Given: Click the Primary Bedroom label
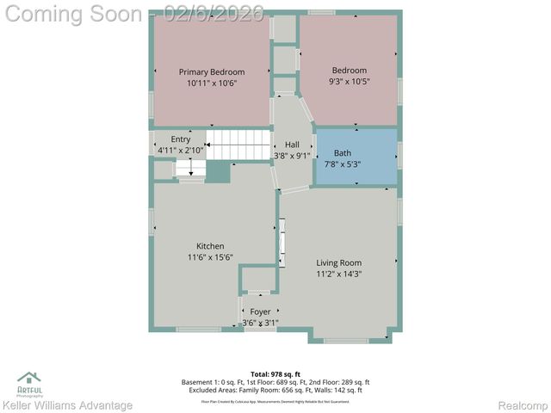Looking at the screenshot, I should (x=212, y=72).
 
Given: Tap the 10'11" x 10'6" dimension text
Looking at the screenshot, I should (x=212, y=83).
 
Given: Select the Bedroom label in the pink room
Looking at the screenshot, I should (x=350, y=71).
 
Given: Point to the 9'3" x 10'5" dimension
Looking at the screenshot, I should (x=350, y=82).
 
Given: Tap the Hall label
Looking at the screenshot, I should (x=292, y=145).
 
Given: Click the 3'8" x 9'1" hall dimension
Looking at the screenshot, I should (x=292, y=156).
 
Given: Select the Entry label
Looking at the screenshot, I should (x=181, y=139).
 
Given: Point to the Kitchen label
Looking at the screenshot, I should (x=210, y=246).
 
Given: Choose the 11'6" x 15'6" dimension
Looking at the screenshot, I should (x=210, y=257).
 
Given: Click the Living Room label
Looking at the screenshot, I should (x=338, y=263).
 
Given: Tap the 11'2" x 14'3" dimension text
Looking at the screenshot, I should (x=338, y=274).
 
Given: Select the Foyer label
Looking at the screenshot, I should (x=260, y=312).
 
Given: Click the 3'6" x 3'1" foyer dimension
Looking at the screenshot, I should (x=260, y=324).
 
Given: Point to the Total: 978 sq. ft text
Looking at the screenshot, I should (x=275, y=374).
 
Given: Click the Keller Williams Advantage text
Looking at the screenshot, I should (x=67, y=405).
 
